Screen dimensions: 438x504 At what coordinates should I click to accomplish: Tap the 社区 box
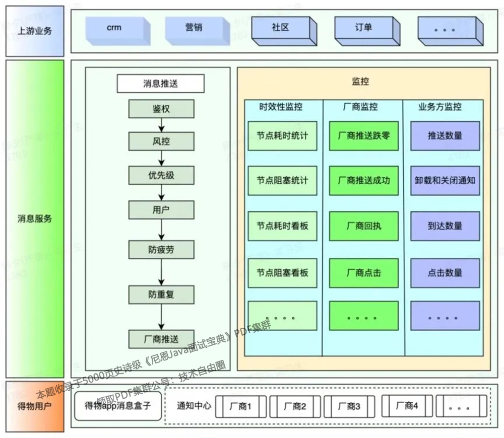pos(280,28)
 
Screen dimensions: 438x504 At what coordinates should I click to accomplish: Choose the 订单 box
pos(363,28)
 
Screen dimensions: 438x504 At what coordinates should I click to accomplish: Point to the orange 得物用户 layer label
pos(35,406)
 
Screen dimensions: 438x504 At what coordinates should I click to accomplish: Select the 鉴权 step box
pos(161,109)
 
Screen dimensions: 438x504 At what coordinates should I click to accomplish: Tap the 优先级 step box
pos(161,175)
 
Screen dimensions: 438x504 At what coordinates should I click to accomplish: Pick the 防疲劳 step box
pos(161,250)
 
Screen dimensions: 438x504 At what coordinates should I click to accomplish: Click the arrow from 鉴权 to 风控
pos(161,125)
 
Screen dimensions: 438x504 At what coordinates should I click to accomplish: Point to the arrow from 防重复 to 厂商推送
pos(161,317)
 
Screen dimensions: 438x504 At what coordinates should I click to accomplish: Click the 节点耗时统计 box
pos(282,136)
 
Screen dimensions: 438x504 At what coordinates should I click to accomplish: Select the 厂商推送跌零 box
pos(364,136)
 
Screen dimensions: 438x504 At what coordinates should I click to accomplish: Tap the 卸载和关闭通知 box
pos(445,180)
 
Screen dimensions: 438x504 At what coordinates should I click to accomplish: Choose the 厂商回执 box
pos(364,226)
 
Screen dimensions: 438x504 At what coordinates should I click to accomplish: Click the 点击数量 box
pos(445,272)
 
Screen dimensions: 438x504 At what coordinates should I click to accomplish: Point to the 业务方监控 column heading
pos(440,107)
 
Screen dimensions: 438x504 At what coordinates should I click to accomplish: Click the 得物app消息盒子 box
pos(118,405)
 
